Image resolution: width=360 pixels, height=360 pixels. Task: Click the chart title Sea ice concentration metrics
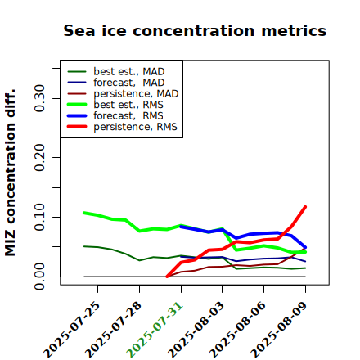pyautogui.click(x=195, y=30)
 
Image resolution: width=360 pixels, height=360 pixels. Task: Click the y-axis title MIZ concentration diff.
pyautogui.click(x=10, y=173)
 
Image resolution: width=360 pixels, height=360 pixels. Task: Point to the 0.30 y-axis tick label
pyautogui.click(x=40, y=98)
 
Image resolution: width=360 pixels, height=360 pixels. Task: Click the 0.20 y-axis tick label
pyautogui.click(x=40, y=157)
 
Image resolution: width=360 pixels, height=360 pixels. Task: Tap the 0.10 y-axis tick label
pyautogui.click(x=40, y=217)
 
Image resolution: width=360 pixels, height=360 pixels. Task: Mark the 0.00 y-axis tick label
pyautogui.click(x=40, y=277)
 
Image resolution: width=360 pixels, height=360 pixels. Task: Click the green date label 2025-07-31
pyautogui.click(x=155, y=330)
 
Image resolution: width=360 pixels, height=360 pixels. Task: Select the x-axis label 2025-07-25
pyautogui.click(x=71, y=330)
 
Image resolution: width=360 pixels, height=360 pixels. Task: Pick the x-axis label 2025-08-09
pyautogui.click(x=279, y=330)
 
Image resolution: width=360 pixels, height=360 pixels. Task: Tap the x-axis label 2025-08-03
pyautogui.click(x=196, y=330)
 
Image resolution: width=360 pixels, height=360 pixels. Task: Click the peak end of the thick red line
pyautogui.click(x=305, y=207)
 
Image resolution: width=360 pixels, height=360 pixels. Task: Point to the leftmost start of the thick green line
pyautogui.click(x=84, y=213)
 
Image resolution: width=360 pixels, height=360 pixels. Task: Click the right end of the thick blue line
pyautogui.click(x=305, y=247)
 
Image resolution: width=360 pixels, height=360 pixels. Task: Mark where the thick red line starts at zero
pyautogui.click(x=167, y=277)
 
